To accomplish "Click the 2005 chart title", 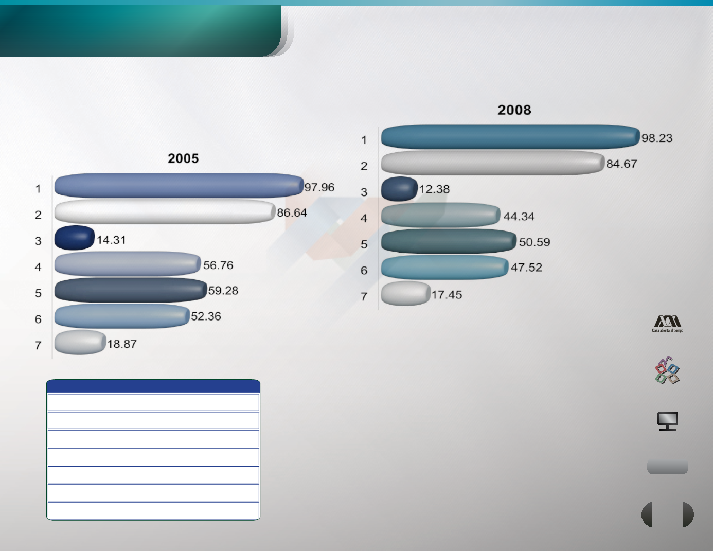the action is [183, 158].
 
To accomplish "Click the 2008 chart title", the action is [514, 110].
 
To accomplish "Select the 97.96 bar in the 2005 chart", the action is [179, 185].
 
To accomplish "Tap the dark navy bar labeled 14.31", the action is [75, 238].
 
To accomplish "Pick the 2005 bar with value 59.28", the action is [131, 290].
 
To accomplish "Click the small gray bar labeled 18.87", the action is [80, 342].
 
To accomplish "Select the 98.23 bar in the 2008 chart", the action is [510, 137].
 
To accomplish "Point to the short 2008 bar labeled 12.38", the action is [399, 189].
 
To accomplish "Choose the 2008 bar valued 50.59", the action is [449, 241].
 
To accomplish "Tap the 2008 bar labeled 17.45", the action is [405, 293].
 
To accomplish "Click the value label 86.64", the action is [292, 213].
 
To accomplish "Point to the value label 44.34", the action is [519, 217].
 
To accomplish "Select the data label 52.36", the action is [206, 316].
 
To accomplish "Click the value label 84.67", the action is [621, 164].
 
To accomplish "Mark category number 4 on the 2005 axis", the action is [38, 267].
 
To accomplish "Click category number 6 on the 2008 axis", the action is [364, 271].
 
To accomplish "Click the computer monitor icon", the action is [667, 421].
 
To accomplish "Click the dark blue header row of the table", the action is [153, 386].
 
